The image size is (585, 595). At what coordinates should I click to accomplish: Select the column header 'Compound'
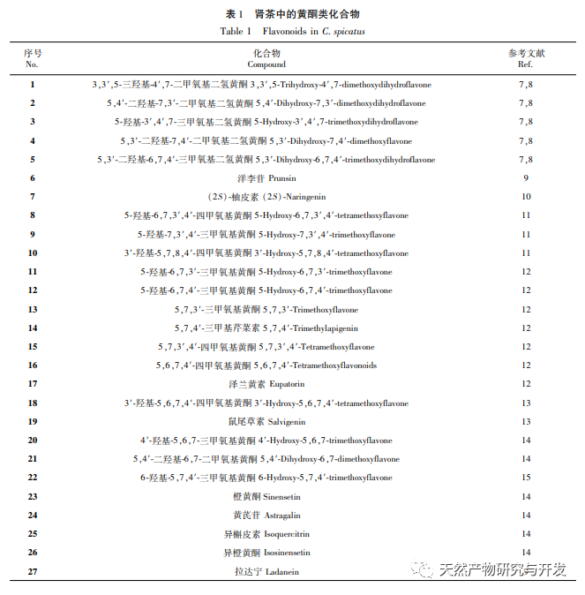coord(266,64)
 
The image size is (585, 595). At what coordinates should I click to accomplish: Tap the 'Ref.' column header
coord(525,64)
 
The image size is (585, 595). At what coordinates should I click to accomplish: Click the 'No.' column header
coord(32,64)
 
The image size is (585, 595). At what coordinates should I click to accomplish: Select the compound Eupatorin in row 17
coord(286,384)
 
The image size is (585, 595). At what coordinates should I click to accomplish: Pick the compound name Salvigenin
coord(285,422)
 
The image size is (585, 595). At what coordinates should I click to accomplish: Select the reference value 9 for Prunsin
coord(525,178)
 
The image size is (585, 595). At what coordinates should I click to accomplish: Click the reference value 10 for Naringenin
coord(525,197)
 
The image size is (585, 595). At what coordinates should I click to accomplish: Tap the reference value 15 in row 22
coord(525,478)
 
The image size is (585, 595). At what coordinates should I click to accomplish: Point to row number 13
coord(33,310)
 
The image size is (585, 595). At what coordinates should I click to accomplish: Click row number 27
coord(33,571)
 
